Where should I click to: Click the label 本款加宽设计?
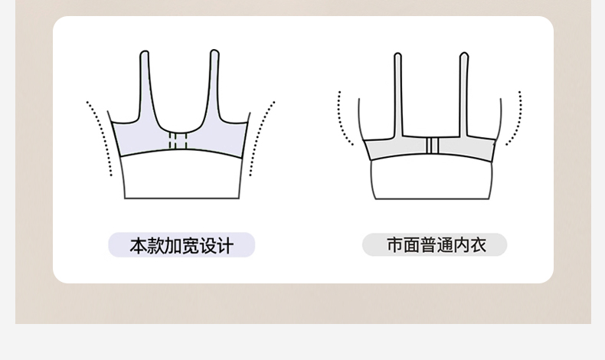tap(181, 245)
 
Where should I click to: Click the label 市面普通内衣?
tap(435, 245)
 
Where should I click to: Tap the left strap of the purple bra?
tap(146, 84)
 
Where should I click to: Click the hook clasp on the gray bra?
tap(433, 146)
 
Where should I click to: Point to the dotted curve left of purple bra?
tap(100, 138)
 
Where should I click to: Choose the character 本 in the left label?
tap(138, 246)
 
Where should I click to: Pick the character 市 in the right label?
tap(394, 245)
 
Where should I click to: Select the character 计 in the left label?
tap(224, 246)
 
